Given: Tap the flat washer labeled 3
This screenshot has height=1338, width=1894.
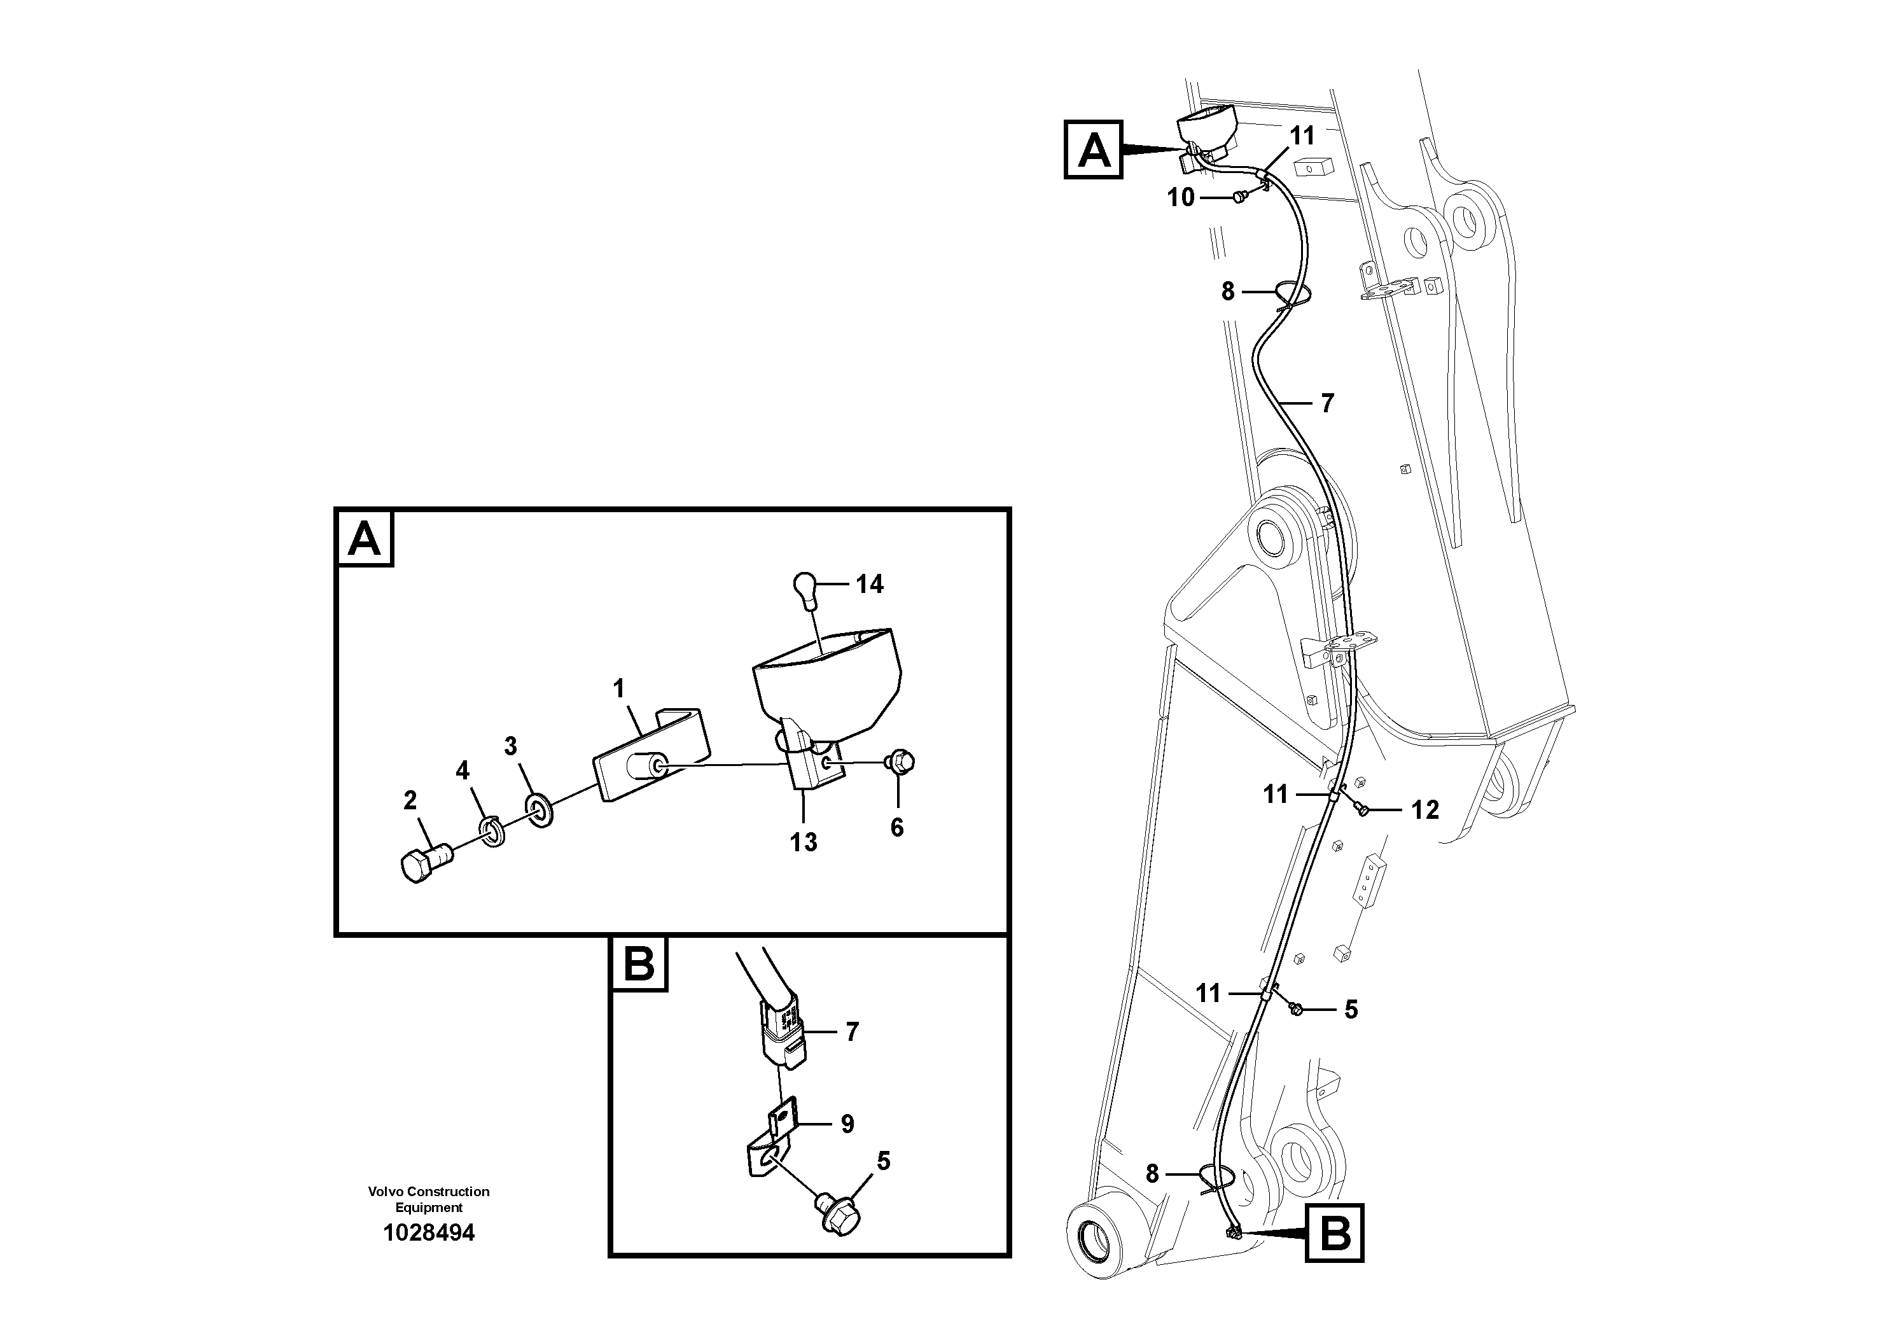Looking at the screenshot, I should (x=540, y=811).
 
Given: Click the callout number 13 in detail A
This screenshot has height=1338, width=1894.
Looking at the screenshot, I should (x=803, y=842).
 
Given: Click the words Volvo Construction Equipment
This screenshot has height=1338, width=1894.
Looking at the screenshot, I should (x=429, y=1199).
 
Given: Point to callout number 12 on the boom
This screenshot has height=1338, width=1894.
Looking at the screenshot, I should (x=1424, y=810).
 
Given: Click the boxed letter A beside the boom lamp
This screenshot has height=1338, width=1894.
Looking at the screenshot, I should (x=1094, y=150).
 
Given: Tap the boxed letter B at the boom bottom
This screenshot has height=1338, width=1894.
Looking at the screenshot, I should (x=1335, y=1233).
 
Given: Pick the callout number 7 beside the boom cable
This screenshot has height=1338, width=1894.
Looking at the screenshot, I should (x=1327, y=403).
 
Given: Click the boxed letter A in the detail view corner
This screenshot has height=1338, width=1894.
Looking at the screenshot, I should (x=365, y=539).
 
